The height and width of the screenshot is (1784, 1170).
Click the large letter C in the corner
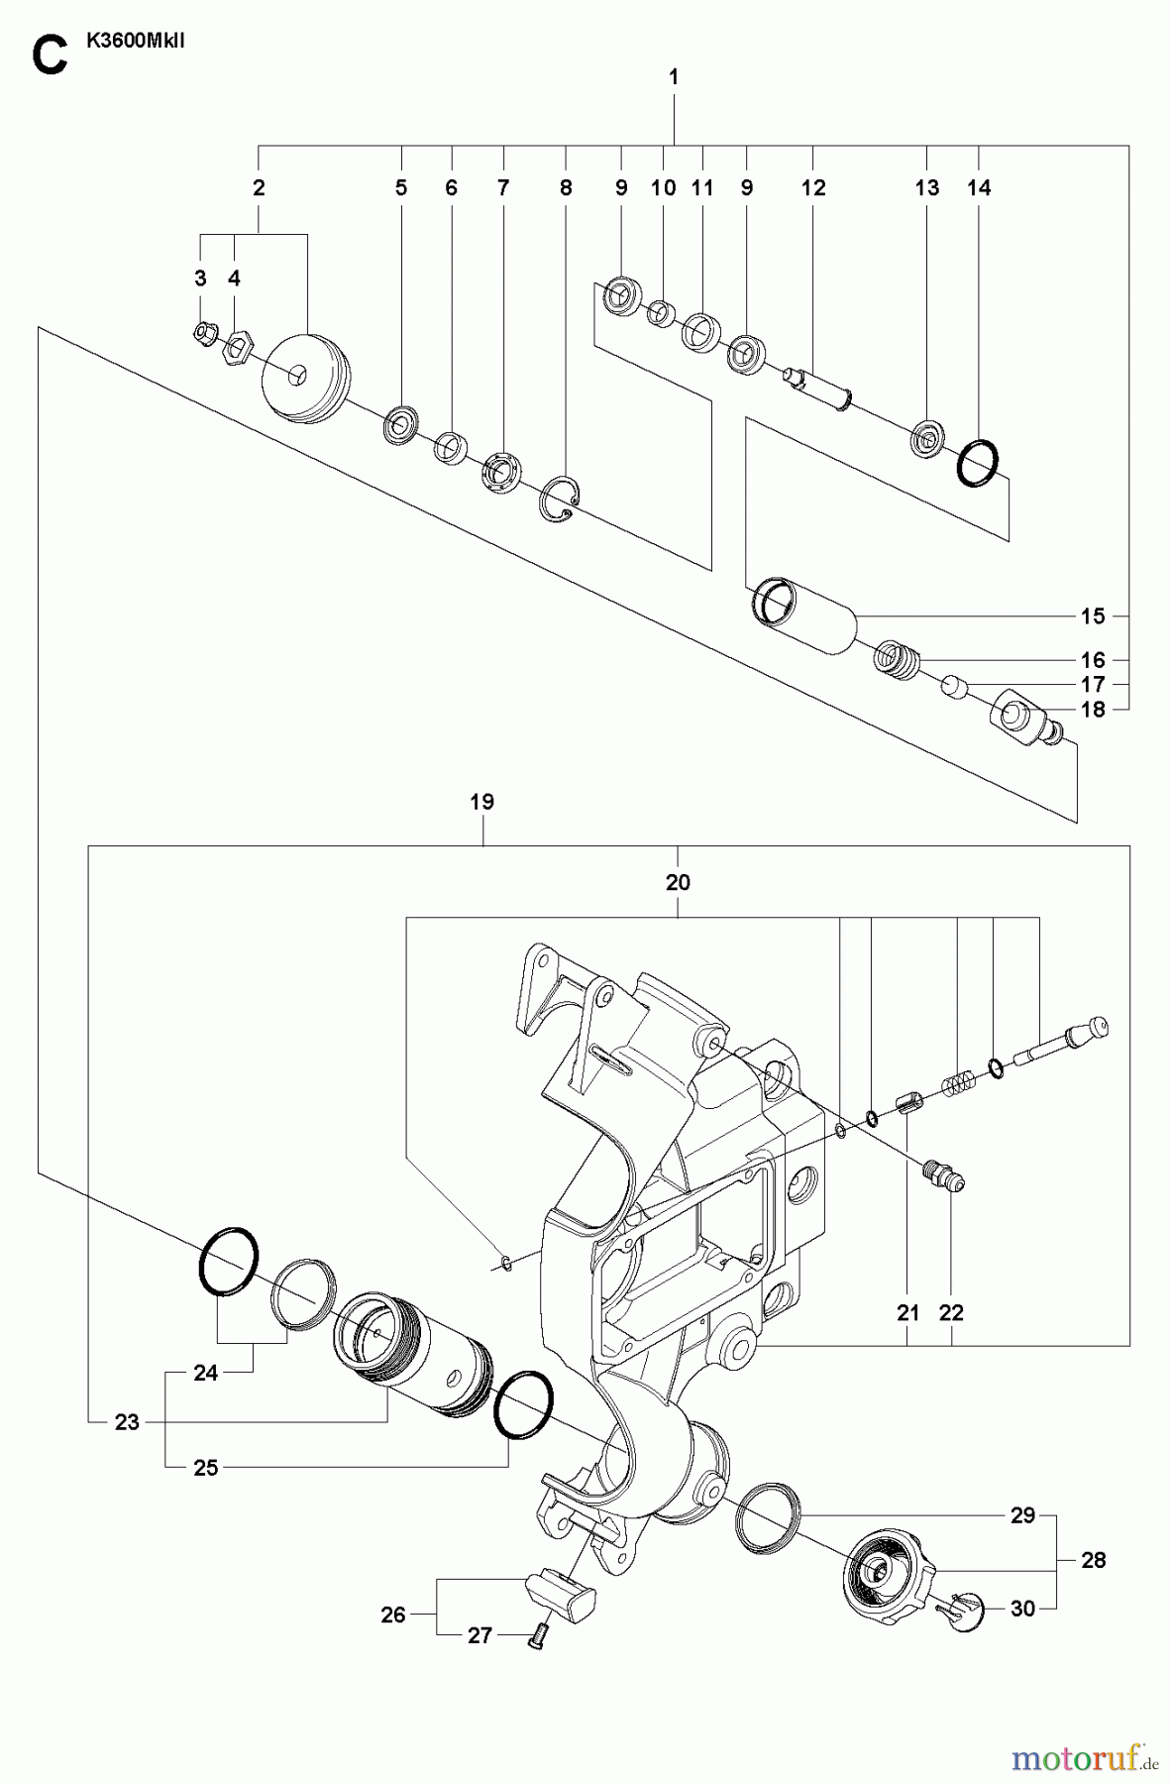tap(49, 56)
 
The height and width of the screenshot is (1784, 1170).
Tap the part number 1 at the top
tap(674, 76)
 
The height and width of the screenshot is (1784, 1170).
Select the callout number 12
tap(813, 188)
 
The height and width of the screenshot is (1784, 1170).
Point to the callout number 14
tap(979, 188)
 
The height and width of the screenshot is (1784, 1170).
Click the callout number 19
tap(482, 802)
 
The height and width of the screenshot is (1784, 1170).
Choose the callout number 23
tap(127, 1422)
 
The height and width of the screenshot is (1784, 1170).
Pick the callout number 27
tap(479, 1636)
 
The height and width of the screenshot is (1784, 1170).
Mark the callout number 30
tap(1022, 1609)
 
